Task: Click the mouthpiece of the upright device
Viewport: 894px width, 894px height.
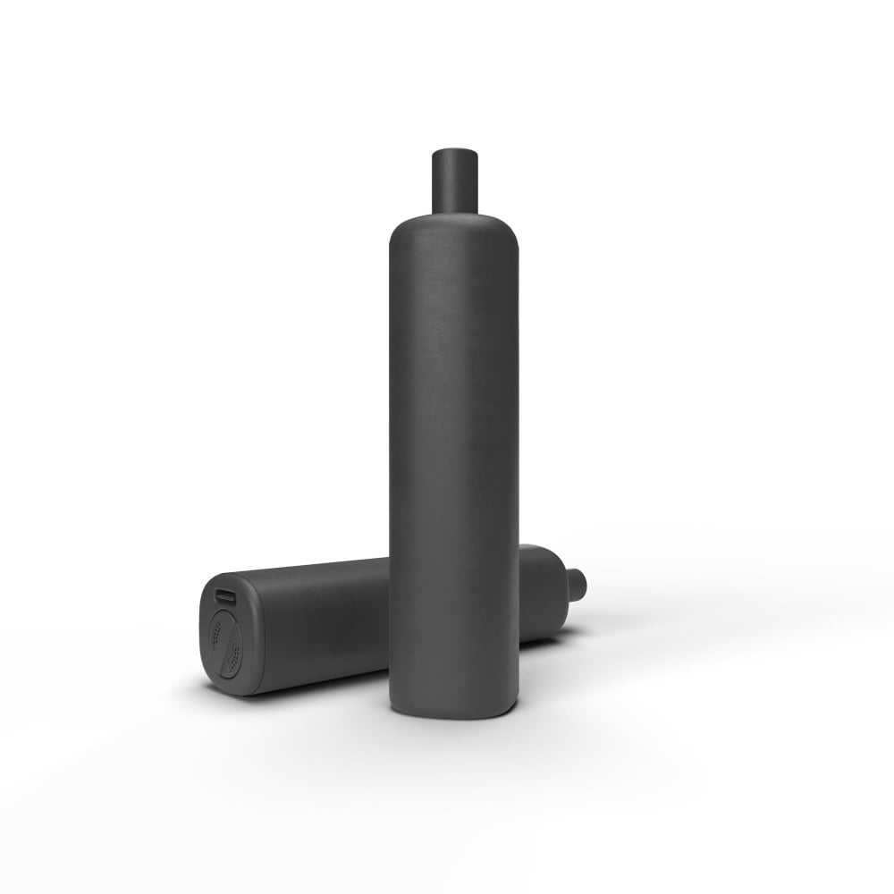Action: [x=454, y=183]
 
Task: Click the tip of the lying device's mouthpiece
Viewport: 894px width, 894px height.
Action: [x=584, y=584]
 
